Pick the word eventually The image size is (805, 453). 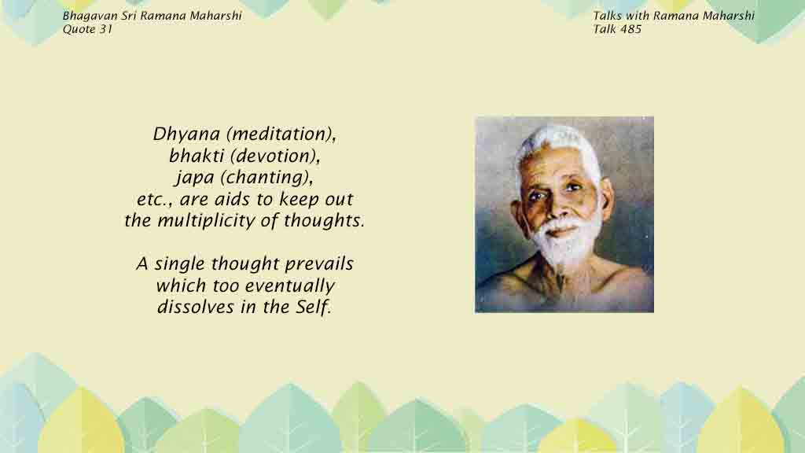tap(289, 286)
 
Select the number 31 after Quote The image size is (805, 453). tap(106, 29)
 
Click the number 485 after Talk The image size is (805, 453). tap(631, 29)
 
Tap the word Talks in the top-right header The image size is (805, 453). tap(608, 16)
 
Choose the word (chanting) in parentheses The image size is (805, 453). tap(266, 178)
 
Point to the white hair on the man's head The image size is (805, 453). tap(557, 146)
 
